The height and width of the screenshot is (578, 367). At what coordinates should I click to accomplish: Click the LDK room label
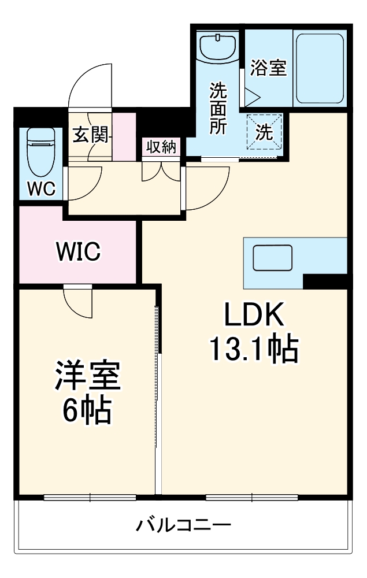[x=254, y=316]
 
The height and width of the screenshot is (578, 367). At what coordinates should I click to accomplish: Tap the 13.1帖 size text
[x=254, y=348]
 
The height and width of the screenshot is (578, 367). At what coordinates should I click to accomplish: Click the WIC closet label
[x=78, y=251]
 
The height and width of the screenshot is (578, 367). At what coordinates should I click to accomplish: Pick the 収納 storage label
[x=160, y=146]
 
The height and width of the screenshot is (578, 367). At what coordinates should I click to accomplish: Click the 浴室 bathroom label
[x=268, y=68]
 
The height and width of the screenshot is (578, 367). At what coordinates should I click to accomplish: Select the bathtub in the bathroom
[x=320, y=68]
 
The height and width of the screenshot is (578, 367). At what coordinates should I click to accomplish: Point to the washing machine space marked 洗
[x=264, y=132]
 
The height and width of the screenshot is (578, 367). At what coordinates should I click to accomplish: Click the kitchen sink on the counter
[x=273, y=257]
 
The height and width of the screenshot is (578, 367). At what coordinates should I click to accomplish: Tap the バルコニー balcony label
[x=184, y=526]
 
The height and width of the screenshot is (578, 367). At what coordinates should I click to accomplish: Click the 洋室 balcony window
[x=90, y=497]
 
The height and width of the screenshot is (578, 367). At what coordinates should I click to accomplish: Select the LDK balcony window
[x=253, y=497]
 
